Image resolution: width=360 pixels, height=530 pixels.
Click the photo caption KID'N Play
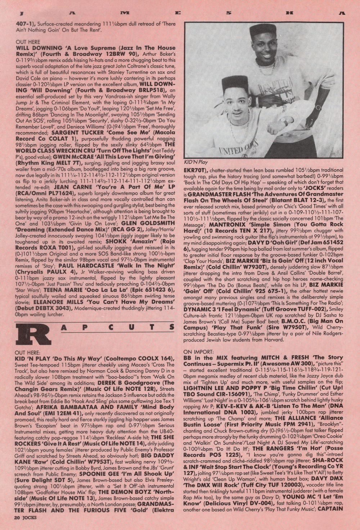(x=196, y=162)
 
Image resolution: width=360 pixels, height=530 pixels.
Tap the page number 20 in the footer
(x=17, y=517)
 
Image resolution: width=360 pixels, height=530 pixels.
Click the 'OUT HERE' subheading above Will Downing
(x=28, y=42)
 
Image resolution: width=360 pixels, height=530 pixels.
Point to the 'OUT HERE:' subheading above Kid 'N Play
(x=28, y=353)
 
